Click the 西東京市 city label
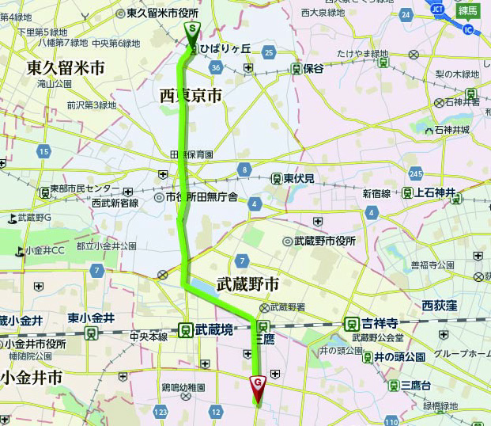tap(191, 95)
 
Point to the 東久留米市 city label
tap(65, 67)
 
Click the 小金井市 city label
tap(32, 378)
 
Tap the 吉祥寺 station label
tap(377, 323)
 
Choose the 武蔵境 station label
tap(214, 329)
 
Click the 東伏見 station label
tap(300, 178)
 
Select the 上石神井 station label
tap(436, 192)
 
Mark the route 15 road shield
tap(43, 151)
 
